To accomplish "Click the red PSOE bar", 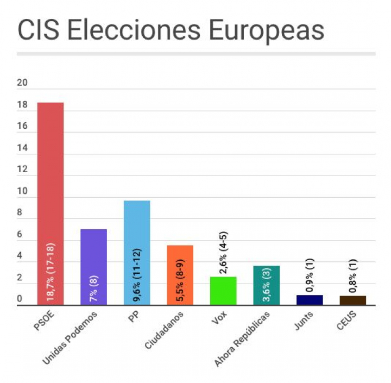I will pyautogui.click(x=50, y=204).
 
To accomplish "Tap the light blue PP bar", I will pyautogui.click(x=137, y=253).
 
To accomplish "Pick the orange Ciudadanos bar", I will pyautogui.click(x=180, y=275).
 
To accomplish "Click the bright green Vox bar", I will pyautogui.click(x=223, y=291).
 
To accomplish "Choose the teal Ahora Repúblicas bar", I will pyautogui.click(x=266, y=286).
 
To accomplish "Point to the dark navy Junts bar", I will pyautogui.click(x=310, y=300).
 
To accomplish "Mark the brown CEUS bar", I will pyautogui.click(x=352, y=300).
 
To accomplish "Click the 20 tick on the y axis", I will pyautogui.click(x=22, y=83).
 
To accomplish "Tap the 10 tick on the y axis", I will pyautogui.click(x=22, y=192).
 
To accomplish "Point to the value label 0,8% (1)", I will pyautogui.click(x=352, y=277).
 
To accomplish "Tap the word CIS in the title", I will pyautogui.click(x=37, y=30).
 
